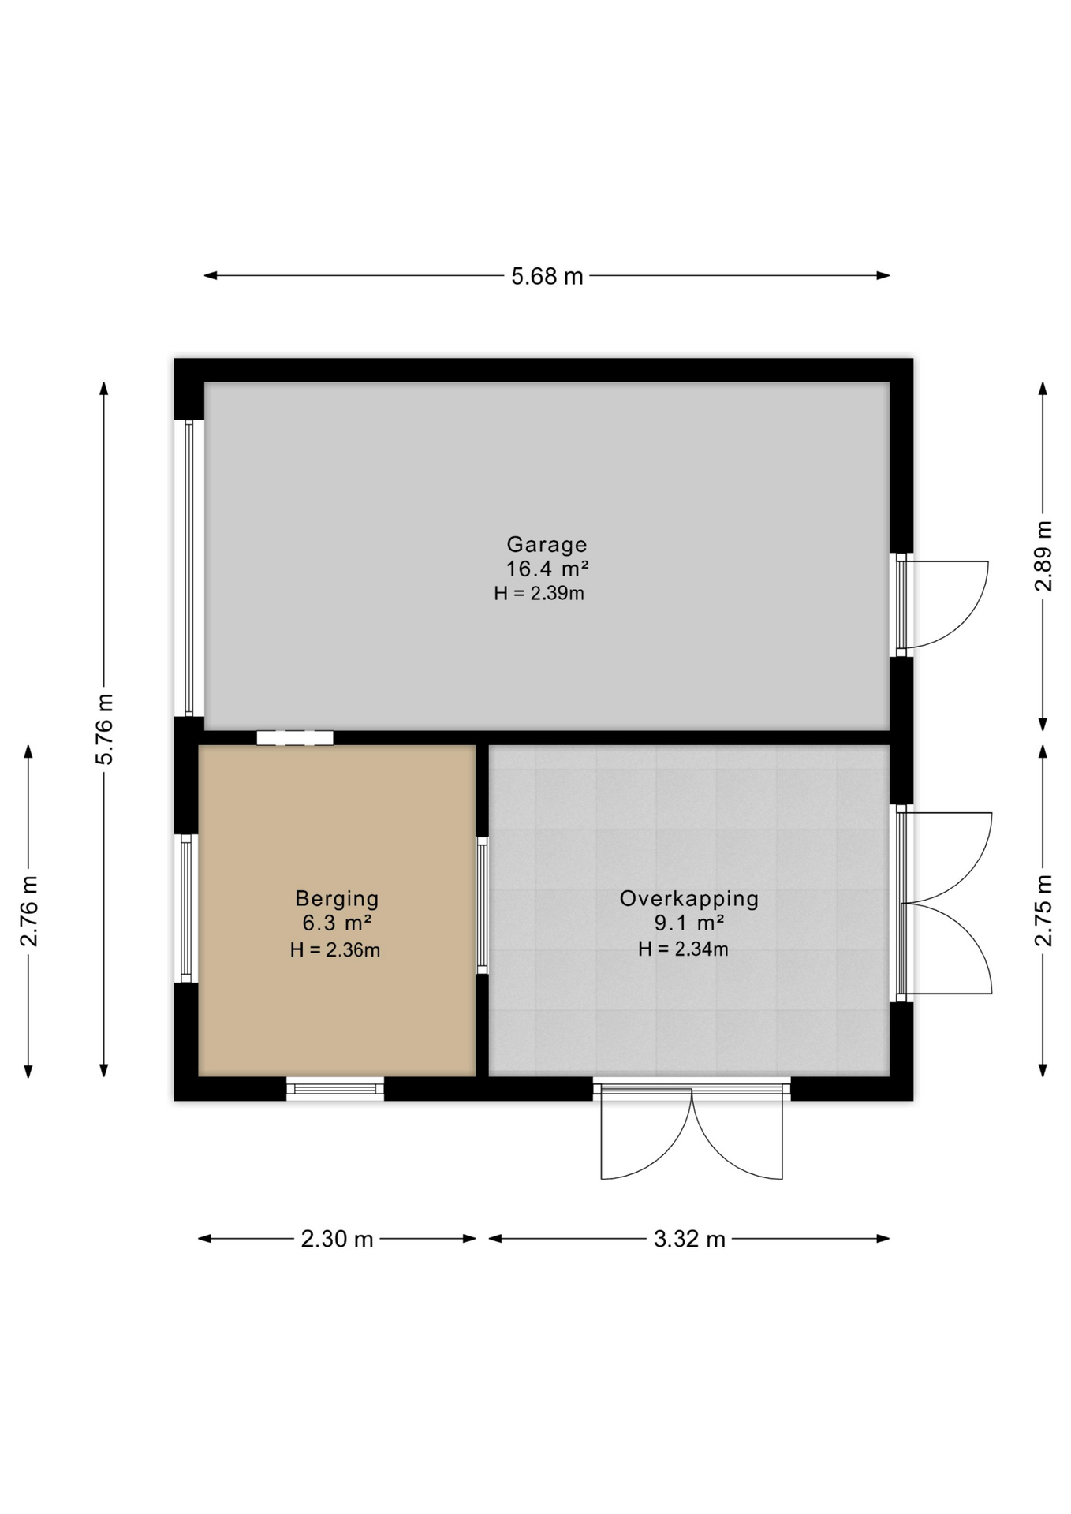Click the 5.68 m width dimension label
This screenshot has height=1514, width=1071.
point(547,277)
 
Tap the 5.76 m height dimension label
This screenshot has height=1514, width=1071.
point(104,729)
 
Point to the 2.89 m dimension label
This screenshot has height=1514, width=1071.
point(1043,556)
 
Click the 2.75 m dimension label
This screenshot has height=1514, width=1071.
point(1043,911)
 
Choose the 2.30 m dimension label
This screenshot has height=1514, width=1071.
point(337,1239)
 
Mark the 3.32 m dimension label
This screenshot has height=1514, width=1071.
point(689,1239)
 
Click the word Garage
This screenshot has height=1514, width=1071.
point(547,544)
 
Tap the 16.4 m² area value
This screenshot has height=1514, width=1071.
point(547,569)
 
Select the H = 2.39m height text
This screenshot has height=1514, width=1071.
point(539,594)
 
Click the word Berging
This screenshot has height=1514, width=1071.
point(337,898)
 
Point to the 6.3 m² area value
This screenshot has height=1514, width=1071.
point(337,923)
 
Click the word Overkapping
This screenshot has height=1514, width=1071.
point(688,898)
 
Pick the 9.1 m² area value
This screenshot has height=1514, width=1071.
point(688,923)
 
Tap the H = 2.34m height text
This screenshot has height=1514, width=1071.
point(683,949)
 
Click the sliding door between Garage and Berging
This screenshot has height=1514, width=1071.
point(294,738)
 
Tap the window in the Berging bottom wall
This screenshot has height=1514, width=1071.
point(334,1089)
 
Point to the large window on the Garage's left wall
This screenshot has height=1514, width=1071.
point(188,568)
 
